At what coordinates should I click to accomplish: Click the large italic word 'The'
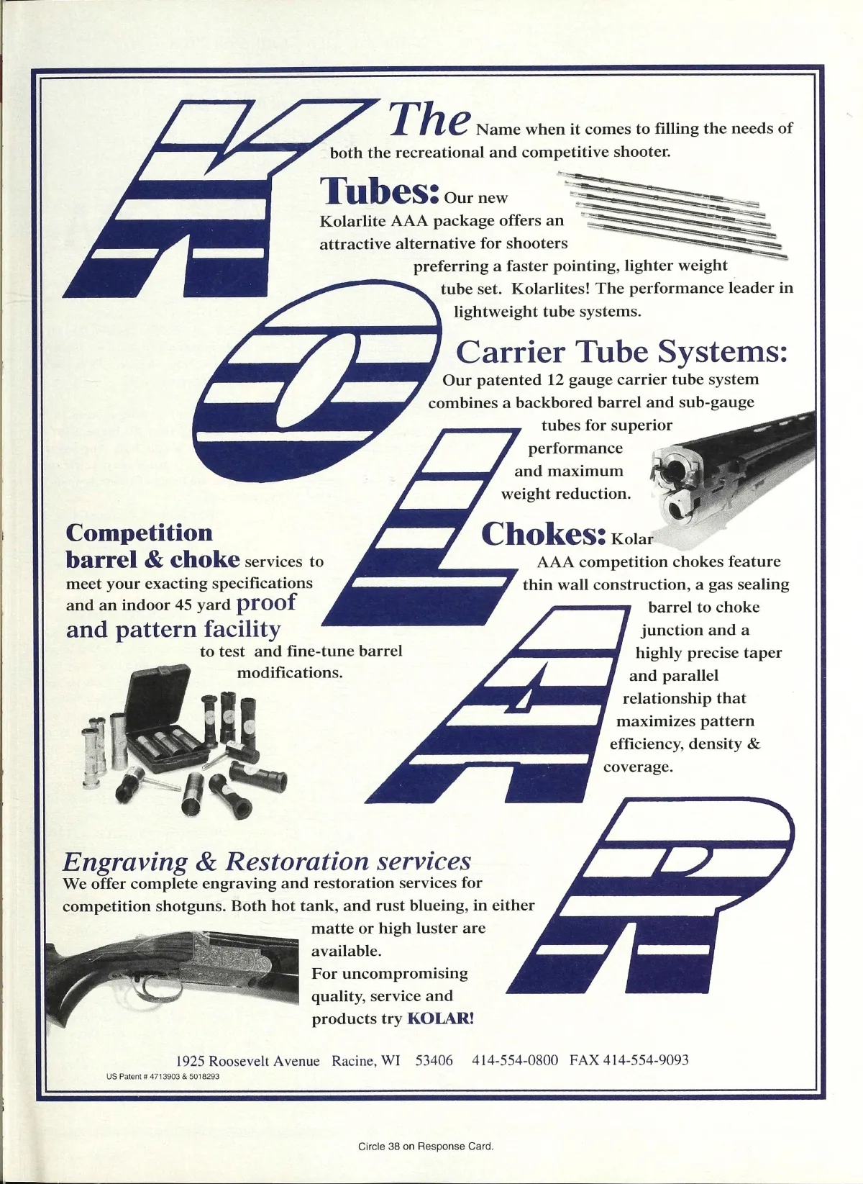(429, 119)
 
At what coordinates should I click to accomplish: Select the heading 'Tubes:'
(379, 191)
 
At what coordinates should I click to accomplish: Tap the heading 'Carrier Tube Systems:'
(621, 352)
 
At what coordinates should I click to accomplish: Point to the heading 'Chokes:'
(543, 534)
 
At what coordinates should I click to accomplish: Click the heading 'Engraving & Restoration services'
(267, 861)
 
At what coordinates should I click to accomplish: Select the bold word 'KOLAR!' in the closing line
(440, 1018)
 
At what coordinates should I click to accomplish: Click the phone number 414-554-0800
(515, 1060)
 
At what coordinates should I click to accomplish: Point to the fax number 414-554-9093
(645, 1060)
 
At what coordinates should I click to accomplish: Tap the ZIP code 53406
(434, 1060)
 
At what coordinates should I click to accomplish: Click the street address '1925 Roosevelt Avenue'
(247, 1061)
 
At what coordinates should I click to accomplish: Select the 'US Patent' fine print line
(163, 1077)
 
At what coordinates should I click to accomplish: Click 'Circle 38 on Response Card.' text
(426, 1146)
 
